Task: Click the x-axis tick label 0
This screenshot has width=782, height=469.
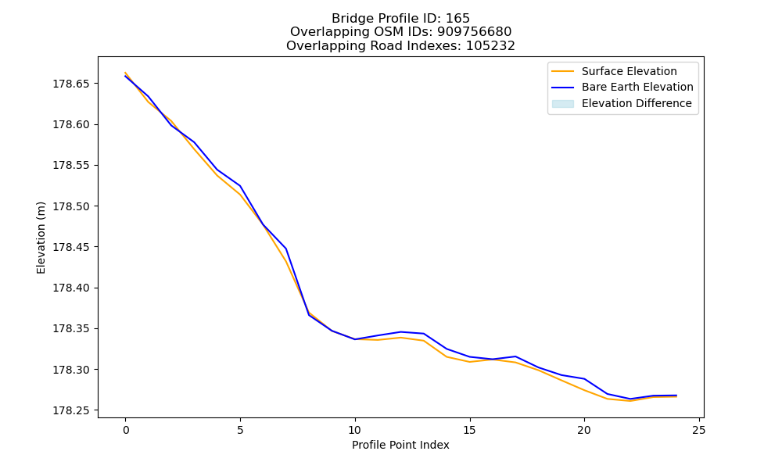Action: (x=126, y=430)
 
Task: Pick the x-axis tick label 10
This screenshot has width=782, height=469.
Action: (x=354, y=430)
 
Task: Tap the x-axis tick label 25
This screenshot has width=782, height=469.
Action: (x=699, y=430)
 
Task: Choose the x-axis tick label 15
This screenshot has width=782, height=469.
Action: (x=469, y=430)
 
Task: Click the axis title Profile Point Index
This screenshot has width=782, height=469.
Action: (x=400, y=445)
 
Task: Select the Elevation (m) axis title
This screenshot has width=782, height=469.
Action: (x=41, y=238)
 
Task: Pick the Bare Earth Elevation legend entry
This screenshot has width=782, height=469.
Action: (x=622, y=88)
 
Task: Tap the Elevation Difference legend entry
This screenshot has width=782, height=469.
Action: (x=622, y=104)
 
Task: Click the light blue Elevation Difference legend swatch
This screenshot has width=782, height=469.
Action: (x=562, y=104)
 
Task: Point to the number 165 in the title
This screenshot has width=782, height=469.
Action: (x=457, y=19)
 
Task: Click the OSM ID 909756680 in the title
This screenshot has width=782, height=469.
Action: (x=475, y=32)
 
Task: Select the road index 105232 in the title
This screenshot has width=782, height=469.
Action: (x=490, y=46)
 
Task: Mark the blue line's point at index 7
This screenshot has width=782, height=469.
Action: (x=285, y=249)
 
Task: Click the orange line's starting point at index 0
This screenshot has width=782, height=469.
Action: (x=125, y=73)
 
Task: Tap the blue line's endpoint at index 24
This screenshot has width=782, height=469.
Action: (x=676, y=396)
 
